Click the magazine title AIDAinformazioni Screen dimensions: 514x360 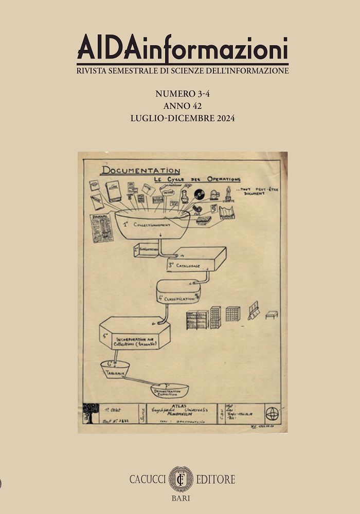pos(182,50)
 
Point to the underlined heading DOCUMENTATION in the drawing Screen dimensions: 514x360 pos(141,171)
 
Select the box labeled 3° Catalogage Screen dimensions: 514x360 pos(195,260)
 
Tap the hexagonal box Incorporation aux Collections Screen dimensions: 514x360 pos(135,334)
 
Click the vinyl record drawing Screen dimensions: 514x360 pos(199,194)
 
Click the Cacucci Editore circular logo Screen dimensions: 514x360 pos(181,479)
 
